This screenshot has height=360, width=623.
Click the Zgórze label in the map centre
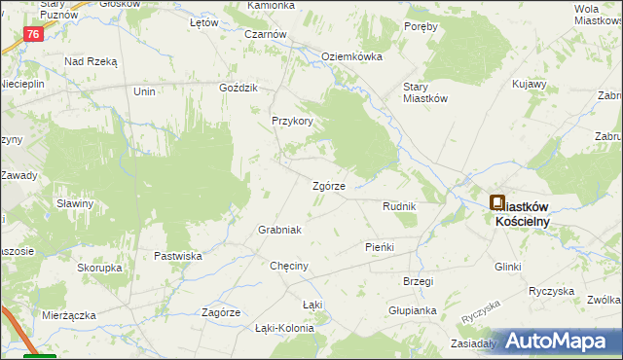[x=328, y=186]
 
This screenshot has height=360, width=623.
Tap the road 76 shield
[x=34, y=34]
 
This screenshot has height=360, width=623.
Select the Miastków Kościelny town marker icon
[x=497, y=203]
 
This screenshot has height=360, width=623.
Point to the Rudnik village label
[x=399, y=207]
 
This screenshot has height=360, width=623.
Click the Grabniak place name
[x=279, y=230]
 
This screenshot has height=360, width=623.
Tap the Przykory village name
[x=292, y=122]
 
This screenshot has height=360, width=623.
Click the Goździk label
[x=238, y=88]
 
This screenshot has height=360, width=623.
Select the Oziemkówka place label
[x=351, y=56]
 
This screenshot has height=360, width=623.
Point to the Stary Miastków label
[x=425, y=91]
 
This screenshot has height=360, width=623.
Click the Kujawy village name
[x=530, y=86]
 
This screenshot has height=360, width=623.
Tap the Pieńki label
[x=379, y=247]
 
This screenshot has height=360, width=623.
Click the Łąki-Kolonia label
[x=284, y=328]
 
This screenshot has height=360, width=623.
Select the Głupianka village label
[x=412, y=309]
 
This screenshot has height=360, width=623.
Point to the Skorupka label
[x=99, y=267]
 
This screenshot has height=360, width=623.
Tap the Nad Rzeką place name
[x=91, y=61]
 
